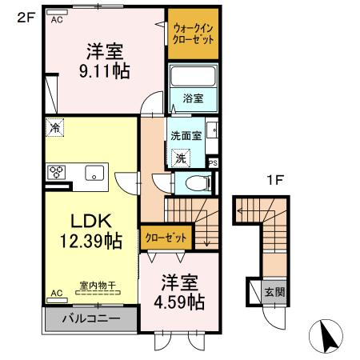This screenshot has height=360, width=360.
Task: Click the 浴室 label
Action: click(x=193, y=98)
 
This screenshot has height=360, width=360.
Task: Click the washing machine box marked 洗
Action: click(x=182, y=158)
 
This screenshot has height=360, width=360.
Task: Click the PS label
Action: click(x=212, y=163)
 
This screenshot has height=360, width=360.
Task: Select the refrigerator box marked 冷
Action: click(x=54, y=127)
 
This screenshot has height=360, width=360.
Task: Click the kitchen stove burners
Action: click(x=58, y=171)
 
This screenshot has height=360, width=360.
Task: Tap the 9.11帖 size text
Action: click(x=105, y=70)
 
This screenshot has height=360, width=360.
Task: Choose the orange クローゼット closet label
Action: click(x=168, y=237)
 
